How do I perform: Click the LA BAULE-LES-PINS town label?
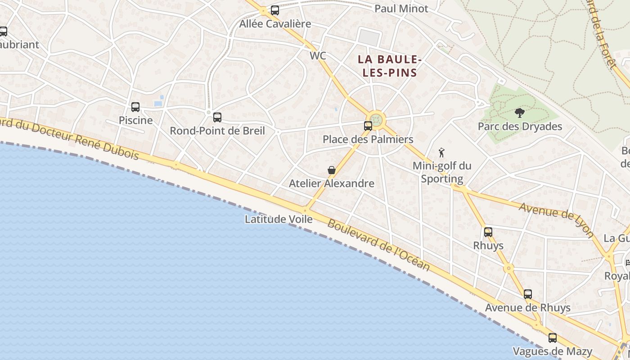click(390, 66)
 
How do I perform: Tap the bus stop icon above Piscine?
click(135, 107)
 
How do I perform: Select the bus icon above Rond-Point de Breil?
click(217, 117)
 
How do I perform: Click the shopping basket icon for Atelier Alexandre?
click(332, 170)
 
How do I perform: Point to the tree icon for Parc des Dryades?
click(520, 113)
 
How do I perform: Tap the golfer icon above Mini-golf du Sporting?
click(441, 153)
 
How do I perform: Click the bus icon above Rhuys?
click(488, 232)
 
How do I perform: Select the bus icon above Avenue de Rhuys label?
click(528, 294)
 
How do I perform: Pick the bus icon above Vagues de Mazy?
click(553, 337)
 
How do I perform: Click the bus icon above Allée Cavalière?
click(275, 10)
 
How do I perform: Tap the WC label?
click(318, 56)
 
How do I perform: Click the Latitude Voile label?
click(279, 219)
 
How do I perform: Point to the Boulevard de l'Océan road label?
click(378, 245)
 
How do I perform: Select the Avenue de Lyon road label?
click(556, 220)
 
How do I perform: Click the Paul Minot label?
click(401, 9)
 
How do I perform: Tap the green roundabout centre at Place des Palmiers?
click(377, 120)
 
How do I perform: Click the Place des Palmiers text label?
click(368, 139)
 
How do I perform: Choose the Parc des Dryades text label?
click(520, 126)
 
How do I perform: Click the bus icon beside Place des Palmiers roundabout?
click(368, 126)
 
